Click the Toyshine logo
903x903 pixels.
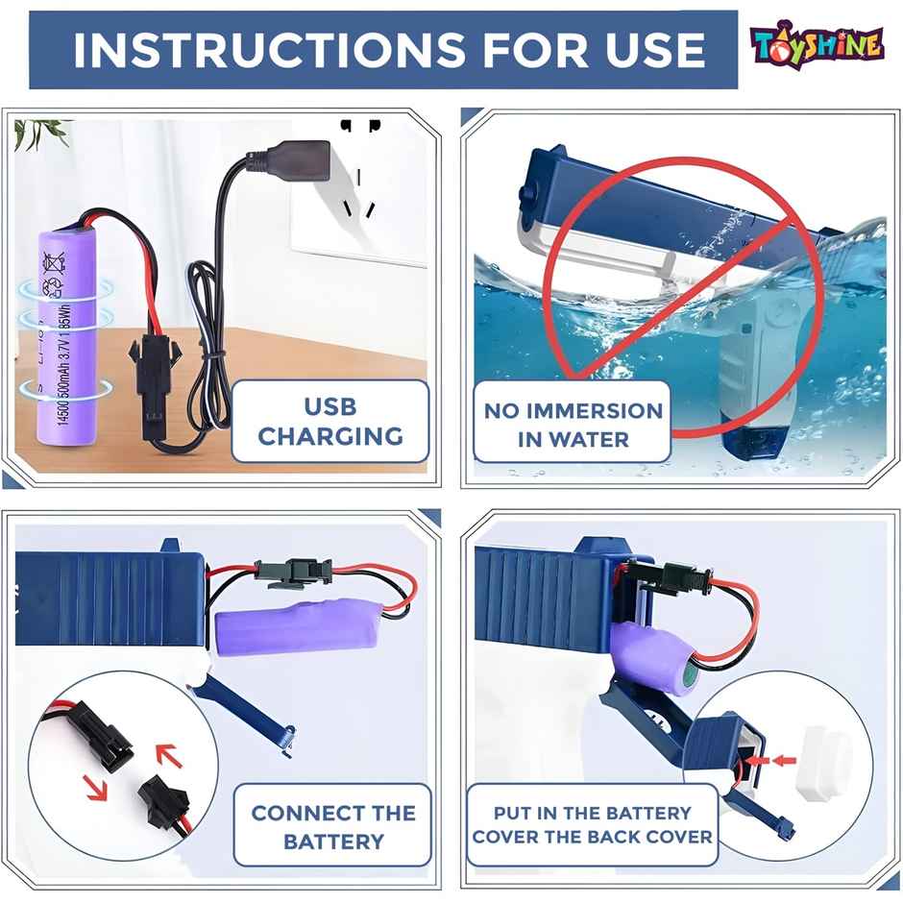[x=817, y=44]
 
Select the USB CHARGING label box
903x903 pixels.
[x=330, y=422]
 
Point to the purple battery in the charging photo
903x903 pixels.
[x=67, y=336]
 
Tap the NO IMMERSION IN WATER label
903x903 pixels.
[x=573, y=425]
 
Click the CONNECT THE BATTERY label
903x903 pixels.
[x=332, y=827]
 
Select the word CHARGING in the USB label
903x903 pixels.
[x=330, y=437]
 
